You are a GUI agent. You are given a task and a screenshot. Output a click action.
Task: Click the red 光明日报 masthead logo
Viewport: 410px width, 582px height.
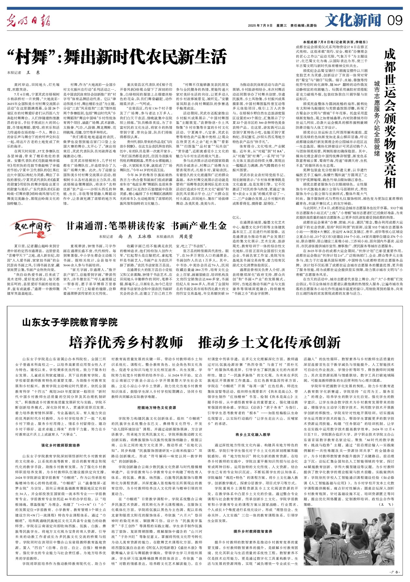(29, 21)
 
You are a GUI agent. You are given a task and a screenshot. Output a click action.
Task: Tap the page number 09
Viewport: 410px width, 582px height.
(395, 21)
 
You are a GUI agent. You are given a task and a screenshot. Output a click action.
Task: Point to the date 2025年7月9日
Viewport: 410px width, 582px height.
(260, 25)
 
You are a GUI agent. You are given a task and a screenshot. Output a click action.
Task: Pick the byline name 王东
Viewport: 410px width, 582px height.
(33, 73)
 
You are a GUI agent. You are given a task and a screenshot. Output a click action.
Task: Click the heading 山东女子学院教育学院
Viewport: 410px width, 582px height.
(70, 323)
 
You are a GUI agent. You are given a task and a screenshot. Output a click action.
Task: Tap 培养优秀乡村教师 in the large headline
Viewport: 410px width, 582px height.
(126, 342)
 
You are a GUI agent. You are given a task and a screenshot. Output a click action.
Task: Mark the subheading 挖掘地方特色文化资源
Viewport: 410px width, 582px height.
(157, 407)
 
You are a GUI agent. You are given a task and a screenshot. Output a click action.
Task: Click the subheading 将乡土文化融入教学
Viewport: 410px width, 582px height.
(253, 434)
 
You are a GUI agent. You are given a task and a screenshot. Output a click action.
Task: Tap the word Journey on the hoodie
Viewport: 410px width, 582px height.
(361, 552)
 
